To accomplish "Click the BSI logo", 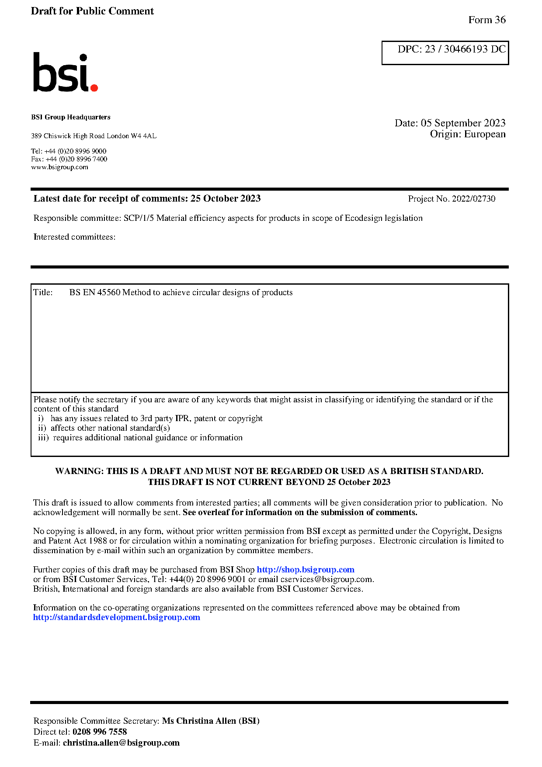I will click(x=65, y=73).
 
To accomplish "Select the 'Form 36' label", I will click(x=486, y=20).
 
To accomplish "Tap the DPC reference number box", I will click(x=445, y=52).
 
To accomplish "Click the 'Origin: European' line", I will click(x=467, y=134).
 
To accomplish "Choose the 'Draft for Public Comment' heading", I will click(x=92, y=11).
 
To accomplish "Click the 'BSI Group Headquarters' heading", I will click(x=71, y=117).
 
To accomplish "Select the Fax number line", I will click(x=69, y=159).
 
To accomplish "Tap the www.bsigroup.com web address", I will click(x=59, y=167).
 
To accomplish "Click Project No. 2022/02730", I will click(x=452, y=199).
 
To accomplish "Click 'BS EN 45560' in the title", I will click(x=95, y=293).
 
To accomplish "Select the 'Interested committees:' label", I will click(x=74, y=237).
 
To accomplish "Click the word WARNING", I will click(x=79, y=471).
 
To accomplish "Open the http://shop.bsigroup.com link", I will click(x=305, y=570).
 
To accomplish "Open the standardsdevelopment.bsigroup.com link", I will click(x=117, y=617).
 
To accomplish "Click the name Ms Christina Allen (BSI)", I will click(x=211, y=721).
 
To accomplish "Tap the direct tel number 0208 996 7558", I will click(x=100, y=732).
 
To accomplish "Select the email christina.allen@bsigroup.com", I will click(x=121, y=743).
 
